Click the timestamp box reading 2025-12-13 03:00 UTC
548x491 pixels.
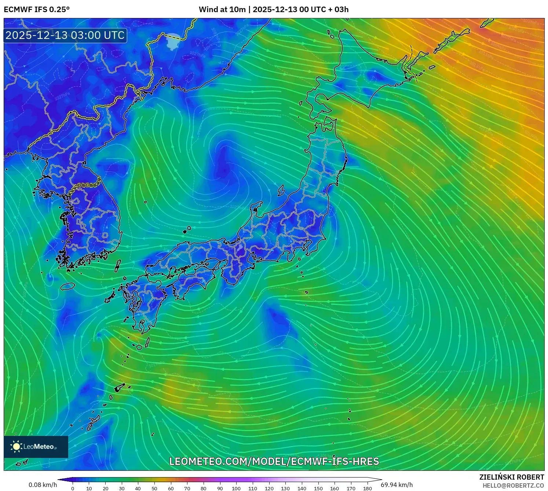tap(65, 35)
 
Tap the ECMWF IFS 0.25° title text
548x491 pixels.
tap(37, 10)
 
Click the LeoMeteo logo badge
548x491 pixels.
tap(36, 447)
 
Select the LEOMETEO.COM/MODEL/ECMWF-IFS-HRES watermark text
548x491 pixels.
tap(274, 461)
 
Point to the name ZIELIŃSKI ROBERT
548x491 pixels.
tap(512, 477)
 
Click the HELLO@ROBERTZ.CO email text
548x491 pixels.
tap(513, 485)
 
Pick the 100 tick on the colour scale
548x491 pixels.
tap(236, 488)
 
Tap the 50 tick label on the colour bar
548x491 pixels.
tap(154, 488)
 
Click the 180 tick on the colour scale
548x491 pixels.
tap(368, 488)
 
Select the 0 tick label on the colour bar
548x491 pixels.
tap(73, 488)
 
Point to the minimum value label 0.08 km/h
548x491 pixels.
tap(43, 485)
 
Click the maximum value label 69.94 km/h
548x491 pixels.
tap(397, 485)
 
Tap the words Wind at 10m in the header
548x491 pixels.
tap(222, 10)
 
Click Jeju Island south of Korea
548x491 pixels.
tap(68, 286)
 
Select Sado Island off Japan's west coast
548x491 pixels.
tap(281, 191)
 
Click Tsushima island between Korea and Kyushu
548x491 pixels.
tap(118, 266)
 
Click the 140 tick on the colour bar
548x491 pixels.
tap(302, 488)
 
